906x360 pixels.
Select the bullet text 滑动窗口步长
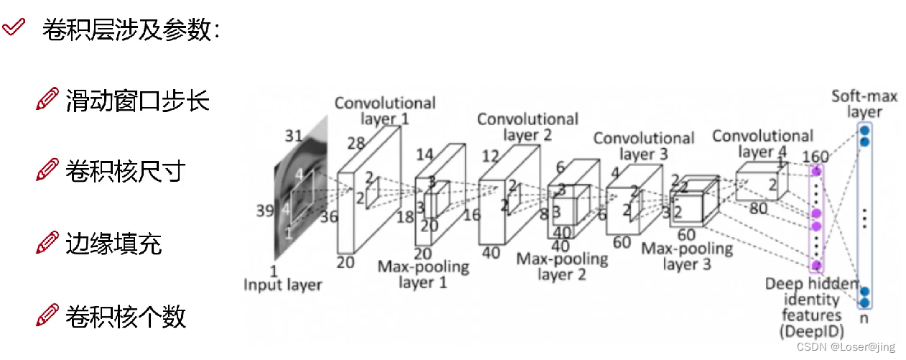click(137, 101)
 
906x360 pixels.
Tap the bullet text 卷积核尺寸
click(126, 172)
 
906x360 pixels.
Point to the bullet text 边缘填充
click(114, 244)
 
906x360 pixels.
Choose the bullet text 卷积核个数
click(126, 315)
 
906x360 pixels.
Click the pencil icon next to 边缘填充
click(47, 244)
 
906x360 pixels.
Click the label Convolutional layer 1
click(384, 111)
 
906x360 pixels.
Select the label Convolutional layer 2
click(527, 126)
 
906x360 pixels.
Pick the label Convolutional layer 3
click(644, 146)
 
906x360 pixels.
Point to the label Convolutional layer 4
click(762, 144)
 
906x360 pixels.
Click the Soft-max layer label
click(864, 104)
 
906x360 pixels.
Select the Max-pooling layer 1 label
click(423, 274)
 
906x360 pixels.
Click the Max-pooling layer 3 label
click(686, 257)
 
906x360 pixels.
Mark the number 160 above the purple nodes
click(815, 157)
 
